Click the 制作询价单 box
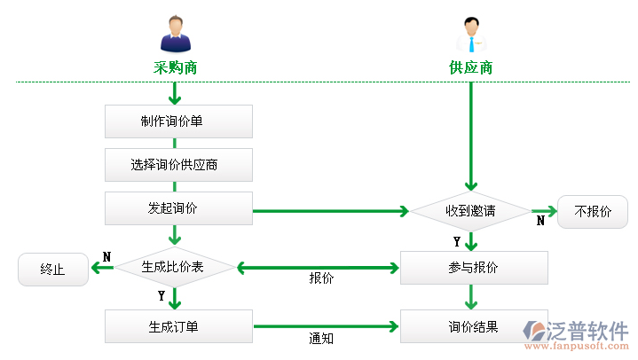click(178, 121)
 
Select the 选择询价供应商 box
click(178, 164)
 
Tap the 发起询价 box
click(178, 208)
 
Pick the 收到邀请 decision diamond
click(470, 211)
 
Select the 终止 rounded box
click(53, 270)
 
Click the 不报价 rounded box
click(593, 212)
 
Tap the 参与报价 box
click(474, 268)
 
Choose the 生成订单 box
click(178, 326)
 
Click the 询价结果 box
click(474, 326)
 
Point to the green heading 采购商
click(175, 67)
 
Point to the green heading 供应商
click(470, 67)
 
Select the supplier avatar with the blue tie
click(471, 35)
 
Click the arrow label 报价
click(321, 278)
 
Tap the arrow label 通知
click(321, 338)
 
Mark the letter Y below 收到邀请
click(457, 241)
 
